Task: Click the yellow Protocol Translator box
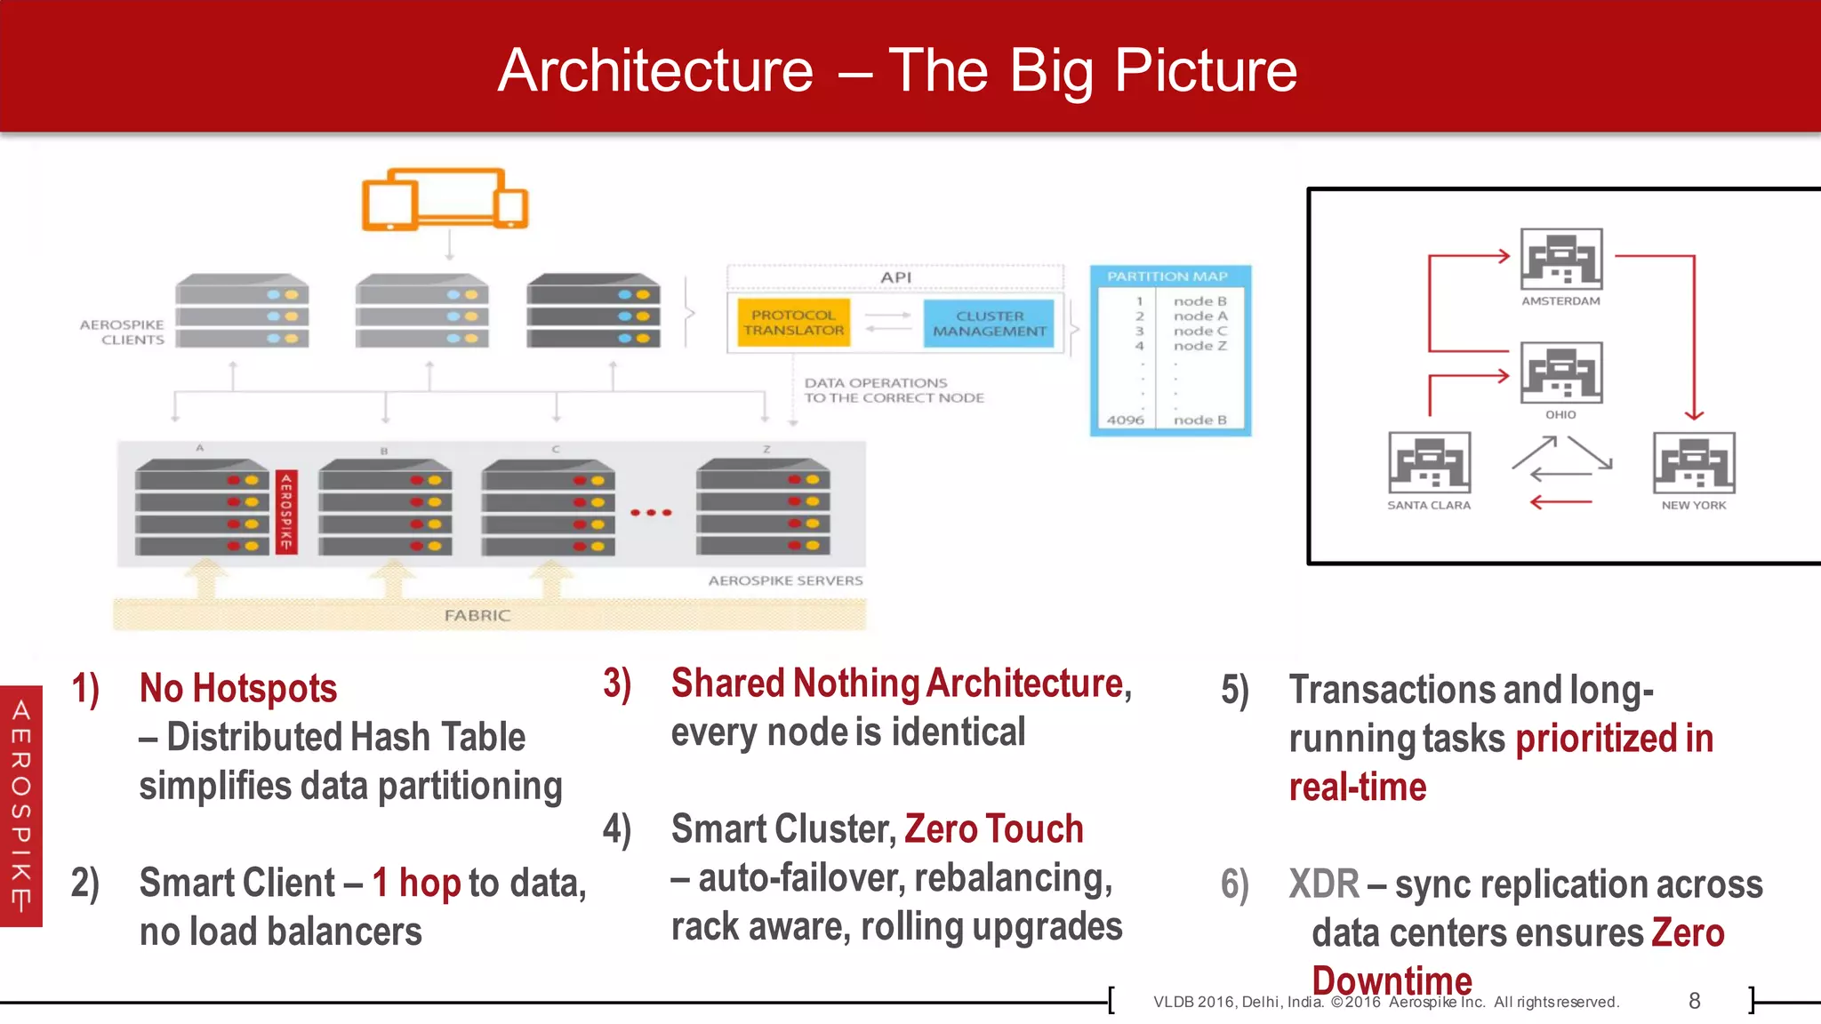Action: point(793,323)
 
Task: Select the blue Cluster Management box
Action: point(989,324)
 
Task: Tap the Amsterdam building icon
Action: point(1560,259)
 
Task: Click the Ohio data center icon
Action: point(1560,372)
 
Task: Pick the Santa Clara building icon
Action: point(1429,462)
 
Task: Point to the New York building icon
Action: point(1693,462)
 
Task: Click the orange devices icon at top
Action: point(445,200)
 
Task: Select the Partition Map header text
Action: point(1167,276)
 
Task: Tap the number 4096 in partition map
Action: point(1125,420)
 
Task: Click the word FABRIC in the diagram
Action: point(477,615)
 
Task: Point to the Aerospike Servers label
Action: point(785,580)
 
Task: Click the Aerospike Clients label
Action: point(123,332)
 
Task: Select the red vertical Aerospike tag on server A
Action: point(286,511)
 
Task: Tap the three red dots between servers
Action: point(651,513)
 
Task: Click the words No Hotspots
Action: point(238,689)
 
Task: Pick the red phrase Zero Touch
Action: point(993,828)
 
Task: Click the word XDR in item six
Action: point(1323,884)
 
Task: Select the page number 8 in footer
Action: point(1694,1001)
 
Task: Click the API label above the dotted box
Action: point(895,277)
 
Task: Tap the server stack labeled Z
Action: point(763,507)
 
